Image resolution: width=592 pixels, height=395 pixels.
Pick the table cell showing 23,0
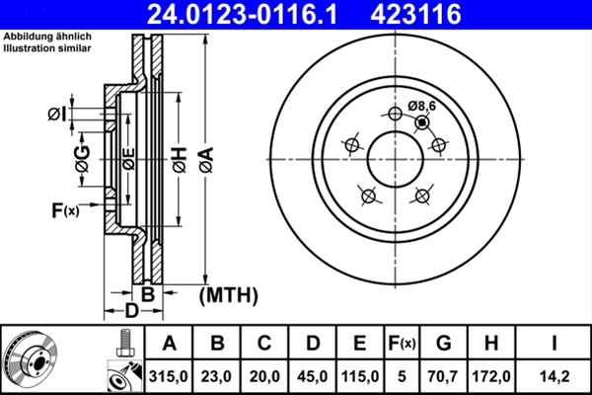(217, 375)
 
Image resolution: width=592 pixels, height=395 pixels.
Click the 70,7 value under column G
(443, 375)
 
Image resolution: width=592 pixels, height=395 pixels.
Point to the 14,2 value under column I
(555, 375)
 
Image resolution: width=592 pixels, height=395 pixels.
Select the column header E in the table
(359, 344)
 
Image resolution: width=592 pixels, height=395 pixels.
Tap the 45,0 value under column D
(312, 375)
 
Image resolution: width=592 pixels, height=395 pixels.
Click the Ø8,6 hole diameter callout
(421, 106)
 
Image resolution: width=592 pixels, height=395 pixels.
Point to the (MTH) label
(228, 294)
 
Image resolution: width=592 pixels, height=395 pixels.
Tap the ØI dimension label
(56, 116)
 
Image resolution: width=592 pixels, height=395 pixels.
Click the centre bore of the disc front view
(396, 158)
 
